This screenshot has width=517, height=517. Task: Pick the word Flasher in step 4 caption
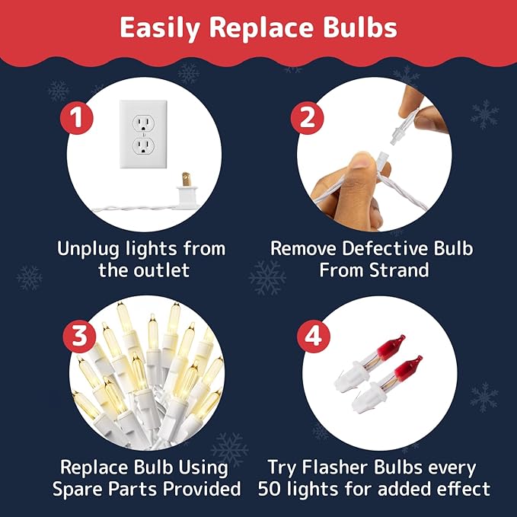[340, 467]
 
